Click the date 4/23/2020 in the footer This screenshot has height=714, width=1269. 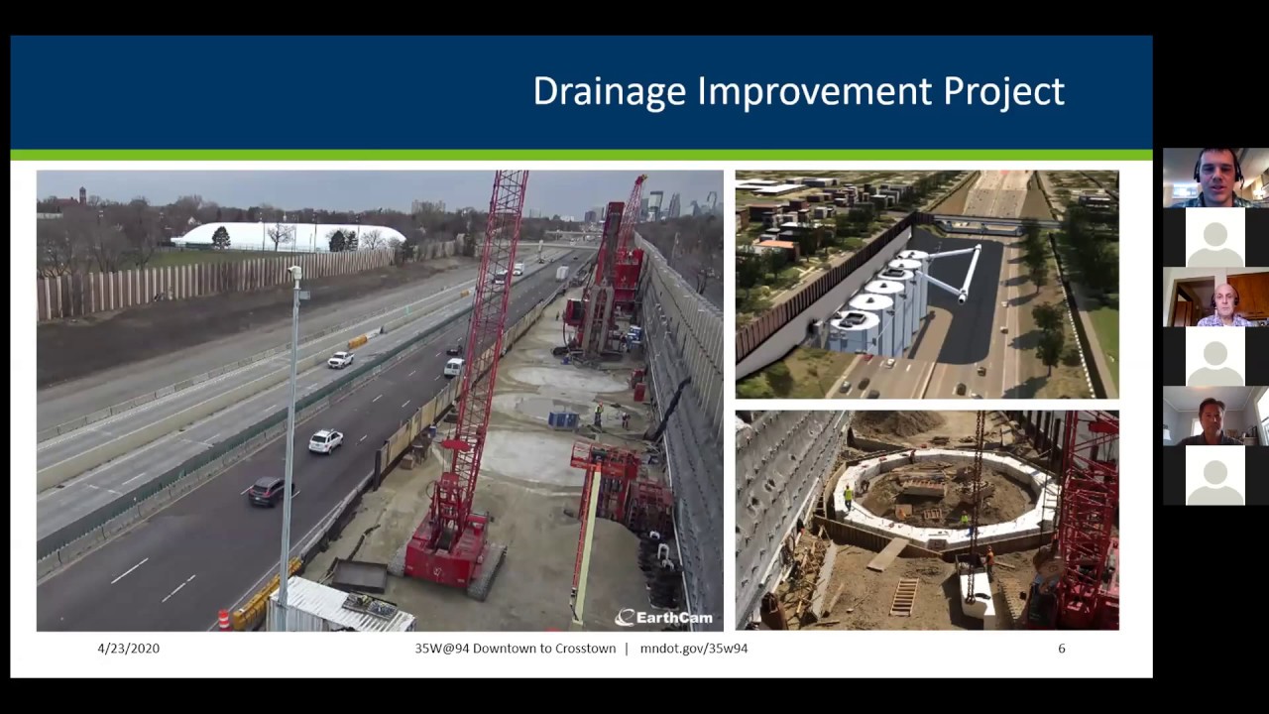(128, 649)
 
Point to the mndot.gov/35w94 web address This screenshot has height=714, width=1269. (694, 649)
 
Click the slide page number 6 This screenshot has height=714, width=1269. (1062, 649)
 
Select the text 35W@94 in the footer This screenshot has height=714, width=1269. (442, 649)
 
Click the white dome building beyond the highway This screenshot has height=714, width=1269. (288, 236)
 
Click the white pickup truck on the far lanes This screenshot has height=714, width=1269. (340, 359)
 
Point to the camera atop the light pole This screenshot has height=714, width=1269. (294, 273)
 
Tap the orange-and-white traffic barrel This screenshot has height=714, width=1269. (224, 619)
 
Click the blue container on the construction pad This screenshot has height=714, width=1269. (563, 419)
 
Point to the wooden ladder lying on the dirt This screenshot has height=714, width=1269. (904, 596)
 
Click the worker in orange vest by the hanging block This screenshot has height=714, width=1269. (988, 561)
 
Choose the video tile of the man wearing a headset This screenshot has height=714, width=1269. (1215, 178)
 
